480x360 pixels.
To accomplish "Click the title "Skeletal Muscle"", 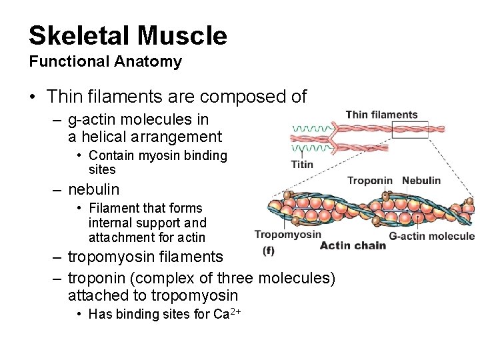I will tap(127, 35).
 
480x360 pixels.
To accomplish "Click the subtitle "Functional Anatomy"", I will tap(105, 62).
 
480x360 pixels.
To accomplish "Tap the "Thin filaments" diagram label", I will tap(381, 115).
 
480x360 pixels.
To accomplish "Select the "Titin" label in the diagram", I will tap(302, 165).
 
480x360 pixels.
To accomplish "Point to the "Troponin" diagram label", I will tap(370, 181).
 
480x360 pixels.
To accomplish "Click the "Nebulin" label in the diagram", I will tap(421, 181).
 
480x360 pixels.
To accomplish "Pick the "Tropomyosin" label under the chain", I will tap(287, 234).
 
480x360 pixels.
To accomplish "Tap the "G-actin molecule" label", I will tap(431, 235).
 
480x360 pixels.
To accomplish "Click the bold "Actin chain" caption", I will tap(353, 245).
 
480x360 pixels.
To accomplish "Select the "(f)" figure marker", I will tap(269, 251).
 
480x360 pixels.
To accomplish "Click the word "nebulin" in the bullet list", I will tap(93, 189).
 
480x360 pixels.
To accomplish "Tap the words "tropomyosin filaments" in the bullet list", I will tap(145, 257).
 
